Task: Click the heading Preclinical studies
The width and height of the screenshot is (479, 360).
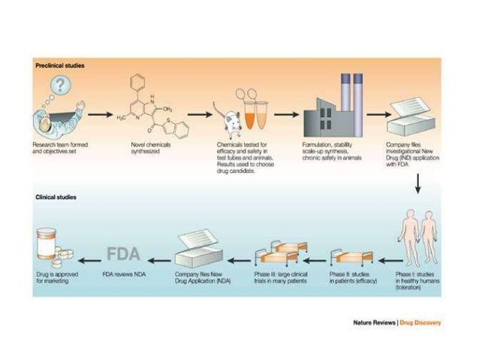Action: tap(60, 66)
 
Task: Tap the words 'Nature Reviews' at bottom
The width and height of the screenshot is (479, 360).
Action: tap(374, 323)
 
